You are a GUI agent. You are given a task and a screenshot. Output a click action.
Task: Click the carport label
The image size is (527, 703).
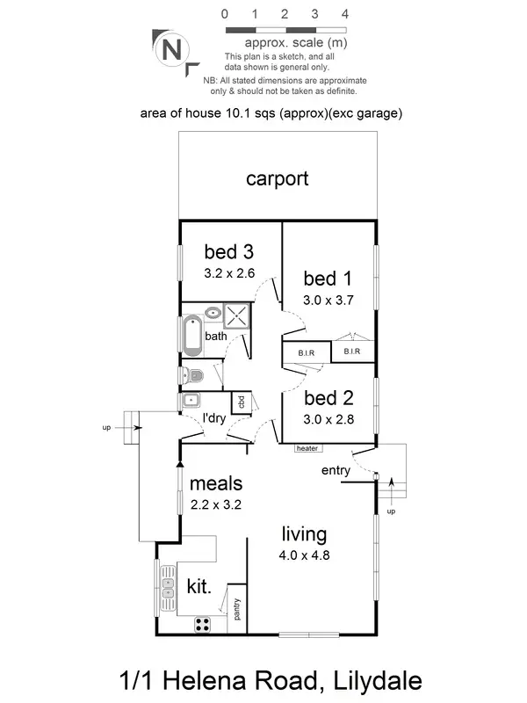[277, 178]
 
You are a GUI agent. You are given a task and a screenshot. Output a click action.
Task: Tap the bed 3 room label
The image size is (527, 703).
[228, 253]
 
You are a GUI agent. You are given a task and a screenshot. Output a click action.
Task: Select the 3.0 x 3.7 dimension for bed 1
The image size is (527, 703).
[328, 300]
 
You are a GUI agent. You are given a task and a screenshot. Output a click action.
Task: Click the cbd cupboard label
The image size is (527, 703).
[239, 402]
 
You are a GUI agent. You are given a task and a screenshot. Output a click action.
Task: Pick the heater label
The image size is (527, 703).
[307, 448]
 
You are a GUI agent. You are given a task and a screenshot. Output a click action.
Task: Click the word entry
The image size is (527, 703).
[336, 471]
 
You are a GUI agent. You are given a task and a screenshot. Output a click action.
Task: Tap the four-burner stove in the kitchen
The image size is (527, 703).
[202, 625]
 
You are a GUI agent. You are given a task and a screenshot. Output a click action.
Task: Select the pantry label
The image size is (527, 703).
[237, 609]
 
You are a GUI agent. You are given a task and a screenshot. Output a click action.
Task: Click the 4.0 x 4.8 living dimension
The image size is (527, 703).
[304, 554]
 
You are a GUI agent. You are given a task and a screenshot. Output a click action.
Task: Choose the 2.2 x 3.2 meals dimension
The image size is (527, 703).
[215, 504]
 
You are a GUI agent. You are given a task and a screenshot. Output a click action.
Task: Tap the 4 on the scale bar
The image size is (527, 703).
[345, 14]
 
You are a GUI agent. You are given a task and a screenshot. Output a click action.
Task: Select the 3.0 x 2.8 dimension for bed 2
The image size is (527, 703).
[328, 419]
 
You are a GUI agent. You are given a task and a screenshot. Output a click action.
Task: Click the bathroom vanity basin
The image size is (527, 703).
[213, 313]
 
